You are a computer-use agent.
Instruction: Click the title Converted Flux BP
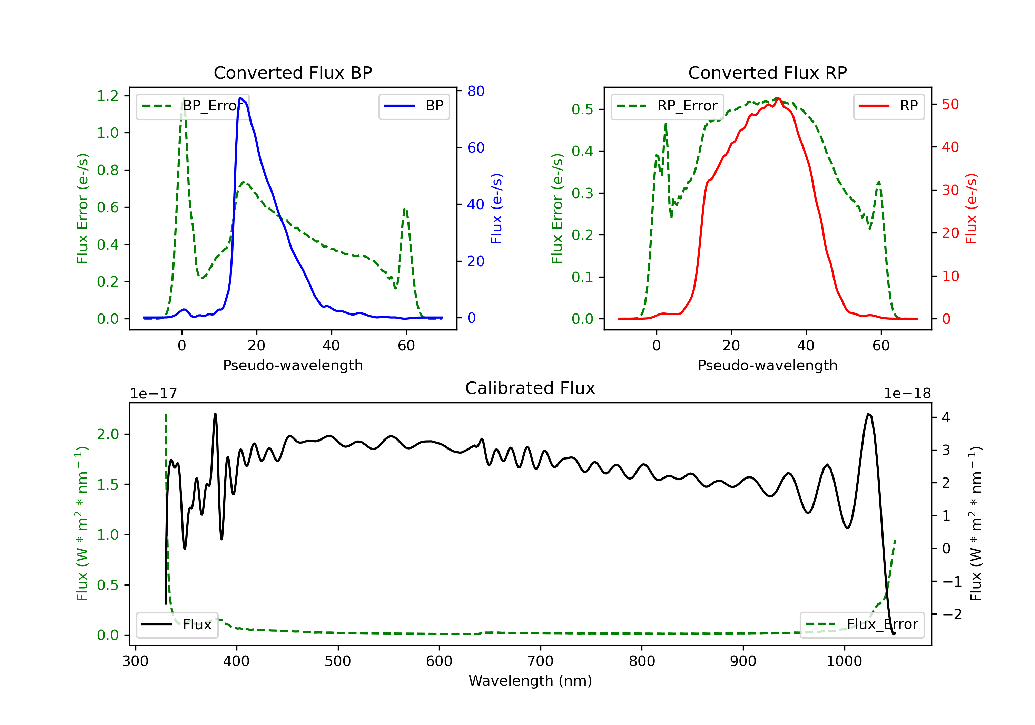[x=293, y=72]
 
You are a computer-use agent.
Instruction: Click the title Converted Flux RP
[x=767, y=72]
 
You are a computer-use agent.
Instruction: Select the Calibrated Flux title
[x=530, y=388]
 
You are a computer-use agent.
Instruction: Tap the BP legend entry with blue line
[x=414, y=106]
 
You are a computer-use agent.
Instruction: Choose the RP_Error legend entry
[x=667, y=106]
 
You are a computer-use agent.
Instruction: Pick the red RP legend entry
[x=888, y=106]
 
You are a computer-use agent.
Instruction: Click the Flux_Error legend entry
[x=862, y=625]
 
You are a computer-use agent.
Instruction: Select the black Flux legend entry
[x=177, y=625]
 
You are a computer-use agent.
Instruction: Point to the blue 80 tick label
[x=475, y=91]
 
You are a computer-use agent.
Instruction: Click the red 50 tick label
[x=950, y=104]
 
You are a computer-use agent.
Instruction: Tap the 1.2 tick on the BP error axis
[x=108, y=96]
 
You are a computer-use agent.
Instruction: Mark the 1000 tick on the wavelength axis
[x=844, y=661]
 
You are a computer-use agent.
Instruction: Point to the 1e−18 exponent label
[x=907, y=394]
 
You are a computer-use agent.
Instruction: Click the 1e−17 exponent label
[x=154, y=394]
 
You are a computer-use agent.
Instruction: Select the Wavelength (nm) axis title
[x=530, y=681]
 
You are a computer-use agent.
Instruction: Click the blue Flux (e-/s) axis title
[x=496, y=209]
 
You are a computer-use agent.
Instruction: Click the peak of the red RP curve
[x=778, y=98]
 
